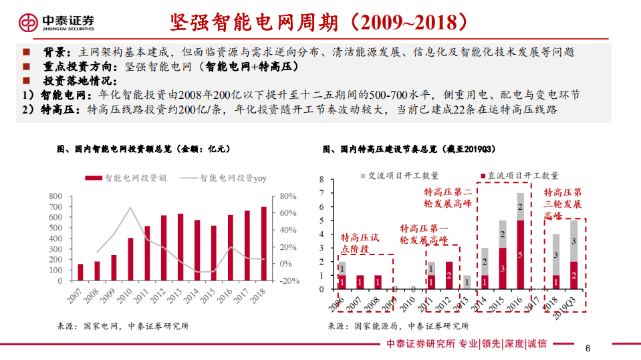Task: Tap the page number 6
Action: coord(588,348)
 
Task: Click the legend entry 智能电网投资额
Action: coord(126,178)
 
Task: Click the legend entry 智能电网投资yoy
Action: coord(223,178)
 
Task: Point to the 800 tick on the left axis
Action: coord(56,196)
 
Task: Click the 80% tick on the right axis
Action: coord(287,196)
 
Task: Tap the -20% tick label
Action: coord(289,281)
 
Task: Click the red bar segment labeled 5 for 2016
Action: coord(520,254)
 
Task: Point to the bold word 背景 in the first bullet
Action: coord(54,51)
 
